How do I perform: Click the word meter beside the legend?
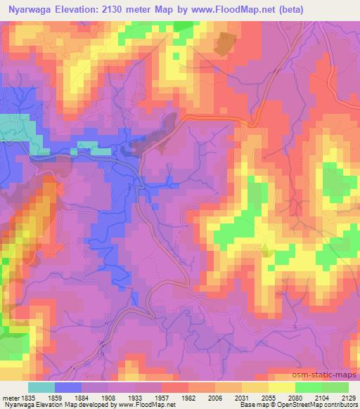[x=10, y=397]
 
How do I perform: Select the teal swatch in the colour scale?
[x=41, y=387]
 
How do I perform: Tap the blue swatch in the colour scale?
[x=68, y=387]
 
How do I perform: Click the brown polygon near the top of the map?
[x=224, y=44]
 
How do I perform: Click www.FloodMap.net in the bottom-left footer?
[x=152, y=405]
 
